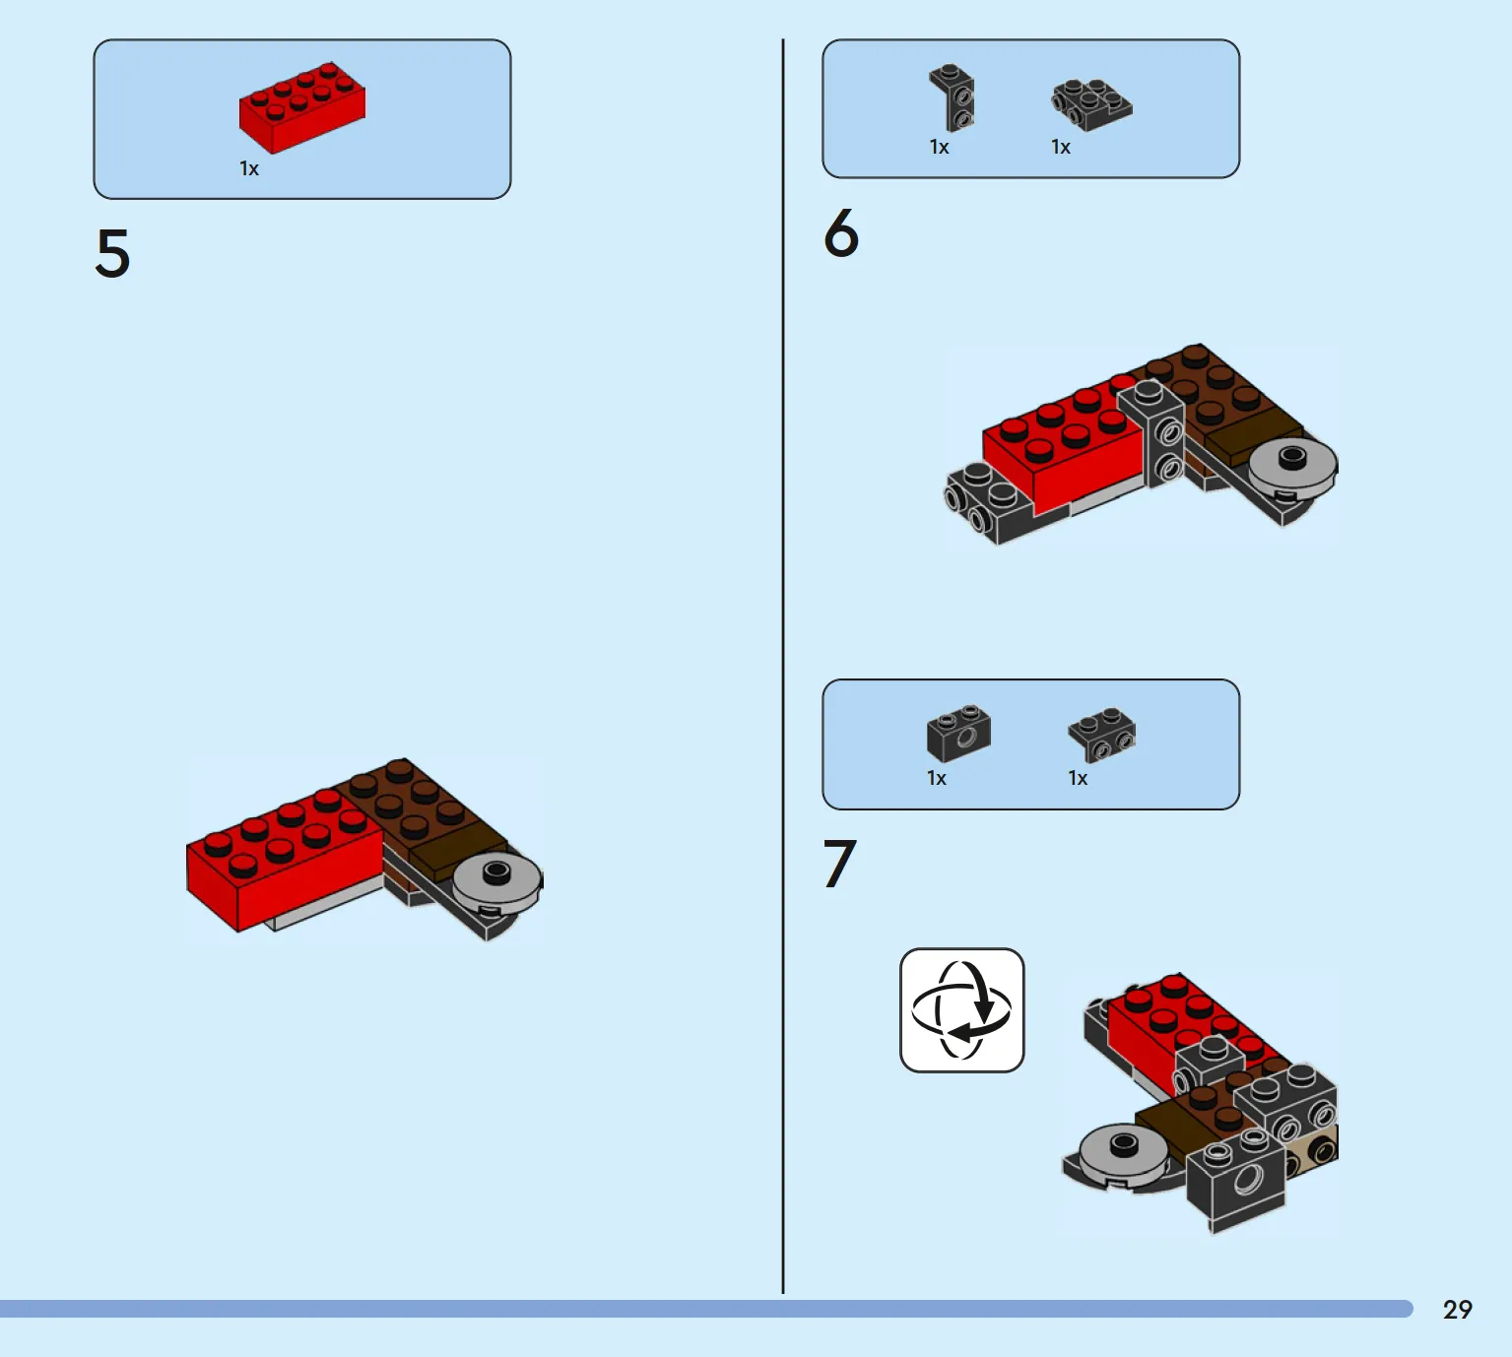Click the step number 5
[x=112, y=254]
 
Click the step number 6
[x=841, y=232]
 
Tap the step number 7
[x=839, y=863]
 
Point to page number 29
[x=1458, y=1310]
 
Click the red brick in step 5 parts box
[x=301, y=107]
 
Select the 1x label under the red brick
[x=249, y=168]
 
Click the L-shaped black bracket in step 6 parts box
[x=953, y=97]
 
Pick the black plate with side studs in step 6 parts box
[x=1091, y=105]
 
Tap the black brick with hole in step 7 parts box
[x=959, y=734]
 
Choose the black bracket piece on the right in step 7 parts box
[x=1102, y=735]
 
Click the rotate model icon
[x=962, y=1010]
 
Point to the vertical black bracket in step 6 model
[x=1151, y=434]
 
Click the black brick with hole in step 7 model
[x=1236, y=1180]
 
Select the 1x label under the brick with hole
[x=937, y=778]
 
